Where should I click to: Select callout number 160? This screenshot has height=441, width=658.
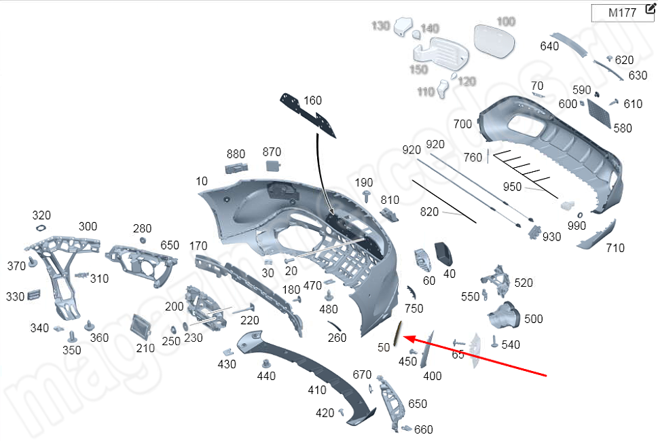[312, 101]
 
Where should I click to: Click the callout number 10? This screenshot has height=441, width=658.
[202, 181]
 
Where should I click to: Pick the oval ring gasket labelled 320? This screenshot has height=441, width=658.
[41, 228]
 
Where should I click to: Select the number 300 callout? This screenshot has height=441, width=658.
[88, 226]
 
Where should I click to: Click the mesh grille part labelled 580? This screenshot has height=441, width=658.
[600, 111]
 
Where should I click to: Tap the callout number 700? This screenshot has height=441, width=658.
[462, 124]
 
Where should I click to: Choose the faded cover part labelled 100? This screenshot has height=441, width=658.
[493, 41]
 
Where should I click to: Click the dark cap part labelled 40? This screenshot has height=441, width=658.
[445, 253]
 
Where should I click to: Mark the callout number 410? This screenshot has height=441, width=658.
[317, 390]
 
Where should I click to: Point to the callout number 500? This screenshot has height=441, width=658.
[534, 319]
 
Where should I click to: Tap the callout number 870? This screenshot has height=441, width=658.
[272, 152]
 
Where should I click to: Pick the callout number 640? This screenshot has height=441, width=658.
[549, 46]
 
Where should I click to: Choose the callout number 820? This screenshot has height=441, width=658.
[430, 212]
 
